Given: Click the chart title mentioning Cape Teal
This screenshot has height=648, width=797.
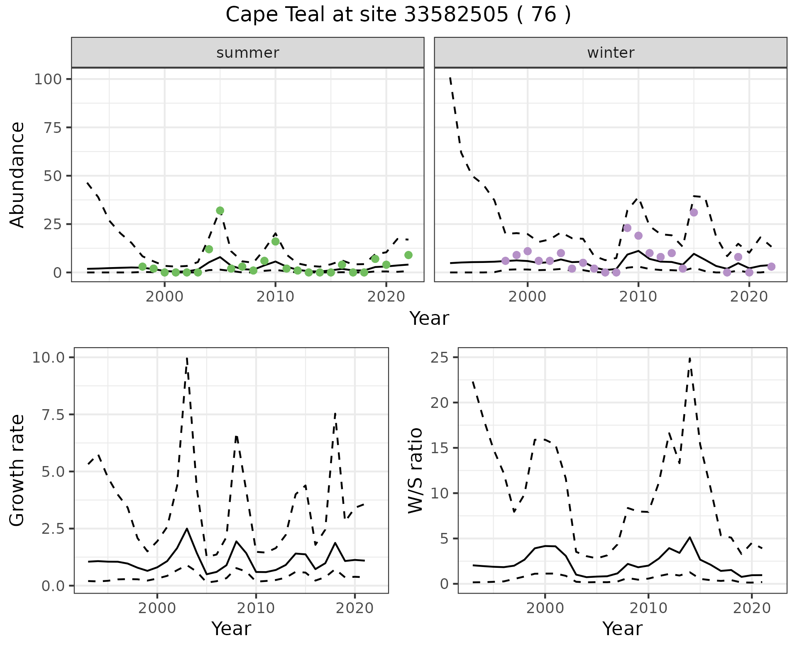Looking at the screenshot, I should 398,15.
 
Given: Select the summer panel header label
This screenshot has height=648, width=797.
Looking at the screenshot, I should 247,53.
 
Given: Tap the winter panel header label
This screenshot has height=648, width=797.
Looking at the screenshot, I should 610,53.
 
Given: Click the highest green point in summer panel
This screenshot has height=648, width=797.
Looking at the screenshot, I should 220,211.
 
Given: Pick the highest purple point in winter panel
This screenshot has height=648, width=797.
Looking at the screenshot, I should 694,213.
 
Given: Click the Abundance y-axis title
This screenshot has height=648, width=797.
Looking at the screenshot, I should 17,175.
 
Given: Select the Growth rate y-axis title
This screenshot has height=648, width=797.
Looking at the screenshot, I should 17,471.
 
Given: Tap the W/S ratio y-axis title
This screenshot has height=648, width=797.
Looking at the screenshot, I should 415,471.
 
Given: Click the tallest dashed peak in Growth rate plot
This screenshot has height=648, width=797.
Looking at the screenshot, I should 187,358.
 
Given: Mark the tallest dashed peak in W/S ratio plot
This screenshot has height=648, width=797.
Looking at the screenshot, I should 689,358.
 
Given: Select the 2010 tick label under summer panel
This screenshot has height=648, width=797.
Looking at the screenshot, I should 275,297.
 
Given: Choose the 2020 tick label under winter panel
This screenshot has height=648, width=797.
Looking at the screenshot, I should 749,297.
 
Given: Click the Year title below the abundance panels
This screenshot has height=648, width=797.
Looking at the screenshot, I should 429,319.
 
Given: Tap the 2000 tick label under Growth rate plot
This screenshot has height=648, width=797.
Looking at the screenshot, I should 157,609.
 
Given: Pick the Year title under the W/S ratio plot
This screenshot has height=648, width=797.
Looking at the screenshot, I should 622,629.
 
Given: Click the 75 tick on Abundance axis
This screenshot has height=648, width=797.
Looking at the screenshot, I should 51,128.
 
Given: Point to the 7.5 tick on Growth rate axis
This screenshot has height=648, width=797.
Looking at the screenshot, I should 51,415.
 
